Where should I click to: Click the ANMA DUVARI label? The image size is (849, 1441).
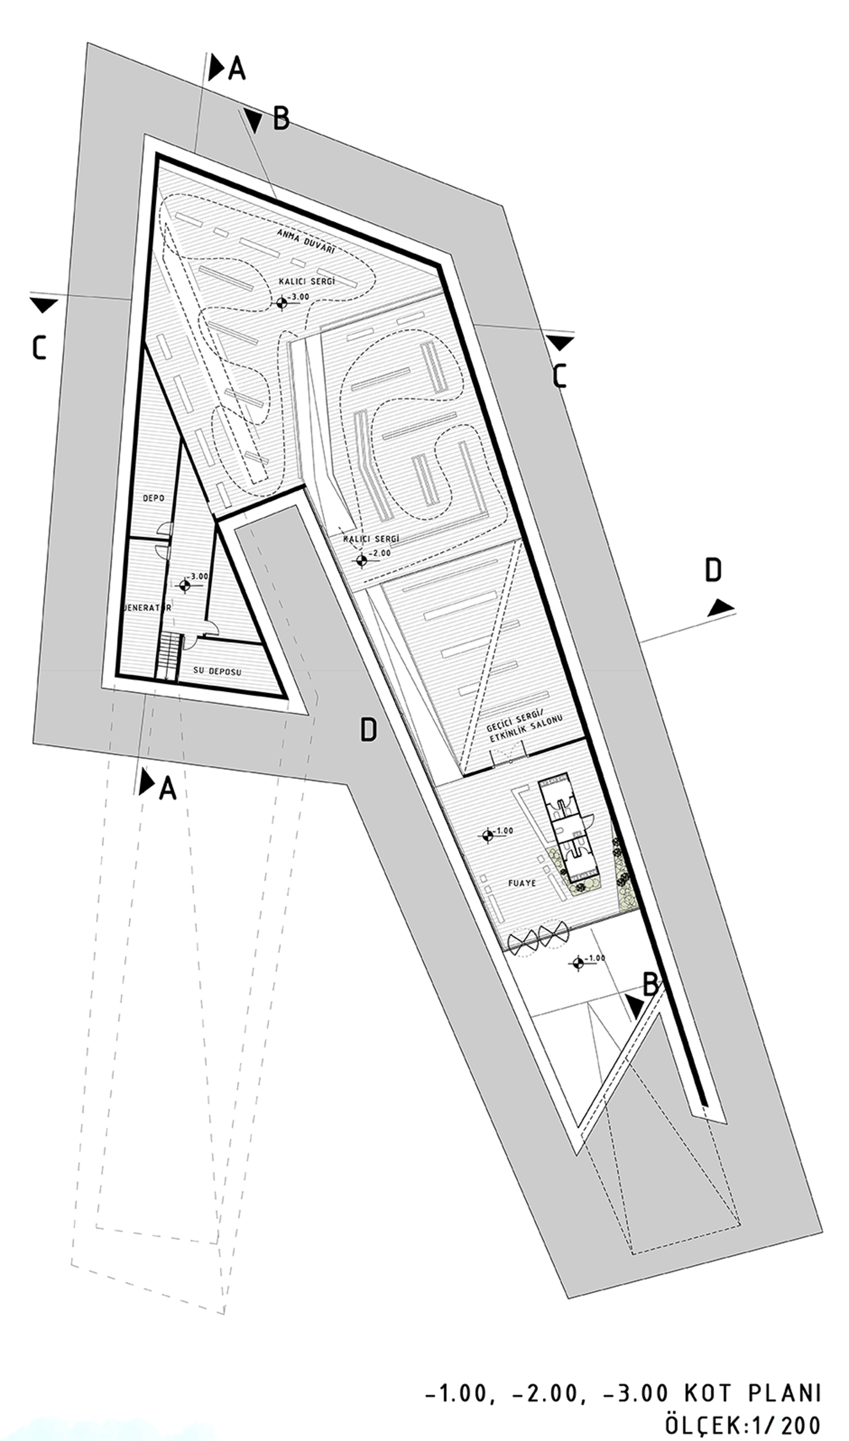[306, 242]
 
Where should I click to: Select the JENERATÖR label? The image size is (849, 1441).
[148, 608]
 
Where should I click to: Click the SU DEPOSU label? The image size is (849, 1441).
[217, 672]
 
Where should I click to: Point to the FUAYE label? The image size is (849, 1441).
[522, 883]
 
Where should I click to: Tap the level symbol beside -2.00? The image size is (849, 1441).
[361, 560]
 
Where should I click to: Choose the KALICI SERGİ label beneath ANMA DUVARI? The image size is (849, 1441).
[306, 281]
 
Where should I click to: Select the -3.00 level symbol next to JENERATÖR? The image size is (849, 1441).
[184, 585]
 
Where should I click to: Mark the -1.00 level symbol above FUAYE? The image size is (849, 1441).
[487, 836]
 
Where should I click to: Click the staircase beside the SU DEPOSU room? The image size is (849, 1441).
[168, 656]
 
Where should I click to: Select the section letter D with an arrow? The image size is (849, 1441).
[713, 570]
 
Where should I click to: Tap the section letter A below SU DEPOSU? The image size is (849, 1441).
[167, 789]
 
